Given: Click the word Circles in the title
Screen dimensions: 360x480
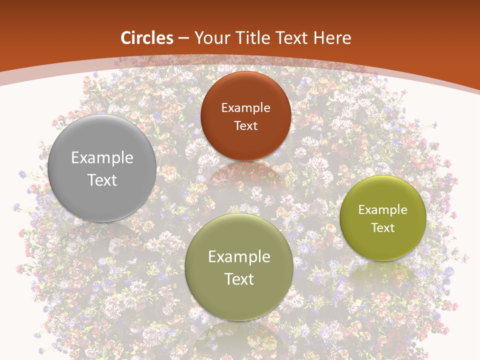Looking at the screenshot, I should [x=147, y=38].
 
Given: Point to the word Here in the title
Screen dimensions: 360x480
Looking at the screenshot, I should [x=332, y=38].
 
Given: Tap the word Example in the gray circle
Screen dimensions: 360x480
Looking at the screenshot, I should [x=102, y=158].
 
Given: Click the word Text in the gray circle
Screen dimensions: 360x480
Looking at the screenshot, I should [x=102, y=180].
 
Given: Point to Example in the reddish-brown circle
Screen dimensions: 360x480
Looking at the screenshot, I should [x=245, y=108].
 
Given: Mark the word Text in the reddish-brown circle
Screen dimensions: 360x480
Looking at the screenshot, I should [x=245, y=126].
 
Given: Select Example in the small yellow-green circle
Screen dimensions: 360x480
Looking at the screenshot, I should [x=382, y=210].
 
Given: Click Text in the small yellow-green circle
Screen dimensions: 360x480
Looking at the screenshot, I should [x=382, y=228].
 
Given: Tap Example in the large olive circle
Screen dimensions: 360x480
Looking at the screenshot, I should [x=239, y=257].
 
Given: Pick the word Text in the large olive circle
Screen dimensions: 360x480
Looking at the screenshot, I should [x=239, y=279].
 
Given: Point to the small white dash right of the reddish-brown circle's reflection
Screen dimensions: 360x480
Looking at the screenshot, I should [x=274, y=219].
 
